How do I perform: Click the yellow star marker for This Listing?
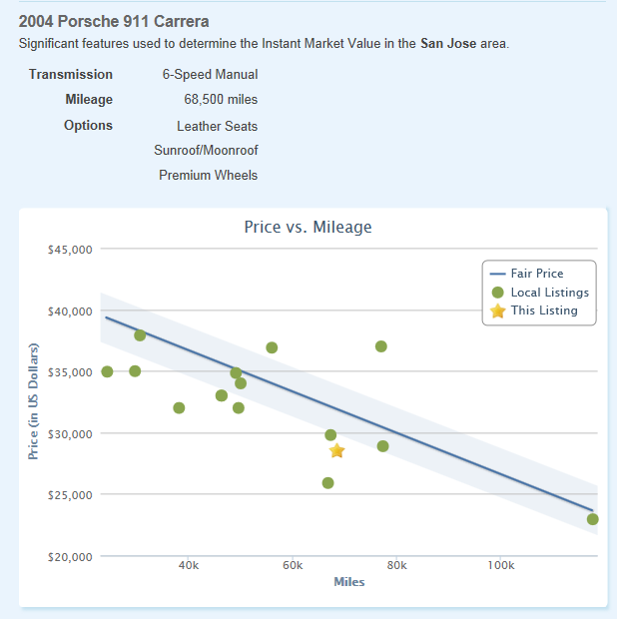pos(337,451)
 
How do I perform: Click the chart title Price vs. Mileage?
pos(308,228)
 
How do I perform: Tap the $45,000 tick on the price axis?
pos(70,250)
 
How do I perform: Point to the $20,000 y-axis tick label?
pos(70,556)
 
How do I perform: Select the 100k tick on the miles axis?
pos(500,567)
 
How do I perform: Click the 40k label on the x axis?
pos(188,567)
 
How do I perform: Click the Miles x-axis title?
pos(348,582)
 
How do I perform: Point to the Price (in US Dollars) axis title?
pos(33,401)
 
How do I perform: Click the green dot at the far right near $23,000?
pos(593,519)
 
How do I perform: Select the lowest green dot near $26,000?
pos(327,483)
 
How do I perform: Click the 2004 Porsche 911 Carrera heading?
pos(114,21)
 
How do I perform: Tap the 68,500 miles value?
pos(221,100)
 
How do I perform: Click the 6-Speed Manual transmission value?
pos(210,75)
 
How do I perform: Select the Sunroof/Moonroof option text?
pos(206,151)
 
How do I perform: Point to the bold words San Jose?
pos(447,44)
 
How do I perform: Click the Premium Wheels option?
pos(208,176)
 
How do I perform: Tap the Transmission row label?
pos(71,75)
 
